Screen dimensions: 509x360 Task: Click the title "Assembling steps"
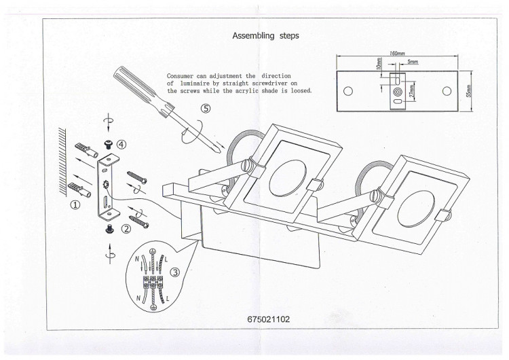(265, 36)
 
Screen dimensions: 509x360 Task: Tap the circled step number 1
(75, 204)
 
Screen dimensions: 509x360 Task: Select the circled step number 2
(126, 229)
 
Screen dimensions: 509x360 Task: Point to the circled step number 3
(175, 272)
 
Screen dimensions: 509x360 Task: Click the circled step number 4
(121, 145)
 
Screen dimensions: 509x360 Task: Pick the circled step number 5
(206, 109)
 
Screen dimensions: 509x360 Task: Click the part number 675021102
(269, 319)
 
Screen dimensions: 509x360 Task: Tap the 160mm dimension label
(397, 53)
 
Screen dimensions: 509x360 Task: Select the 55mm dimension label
(468, 92)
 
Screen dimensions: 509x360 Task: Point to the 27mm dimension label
(412, 91)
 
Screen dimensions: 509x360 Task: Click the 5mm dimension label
(413, 61)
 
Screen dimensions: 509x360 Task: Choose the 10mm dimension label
(379, 63)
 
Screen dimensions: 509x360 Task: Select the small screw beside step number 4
(107, 144)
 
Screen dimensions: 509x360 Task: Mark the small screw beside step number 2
(109, 229)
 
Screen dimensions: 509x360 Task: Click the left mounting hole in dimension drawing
(348, 91)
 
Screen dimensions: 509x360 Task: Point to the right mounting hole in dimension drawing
(447, 91)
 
